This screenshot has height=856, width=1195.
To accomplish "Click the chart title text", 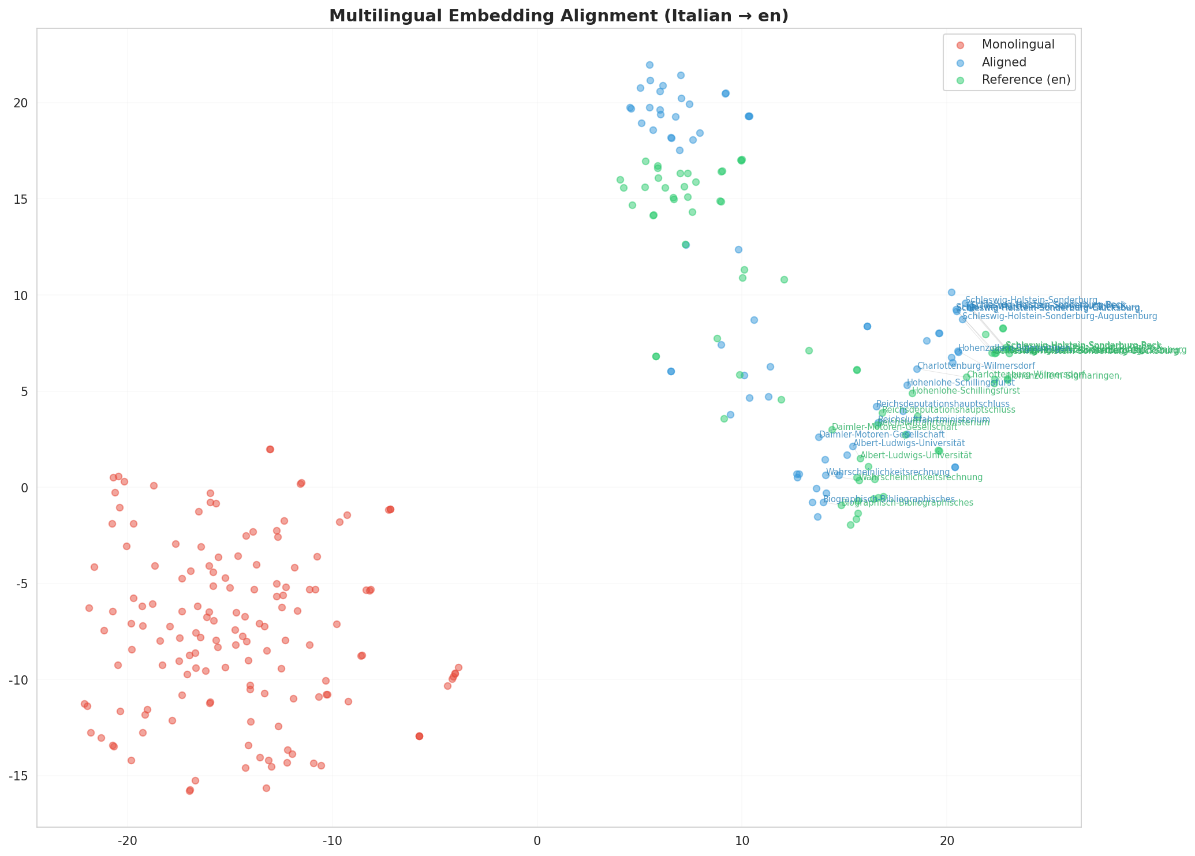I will pyautogui.click(x=558, y=16).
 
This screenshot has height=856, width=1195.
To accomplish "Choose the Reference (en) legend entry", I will pyautogui.click(x=1026, y=80).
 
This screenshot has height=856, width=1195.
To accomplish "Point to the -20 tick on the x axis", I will pyautogui.click(x=127, y=839).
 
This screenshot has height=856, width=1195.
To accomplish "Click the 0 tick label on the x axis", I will pyautogui.click(x=537, y=839).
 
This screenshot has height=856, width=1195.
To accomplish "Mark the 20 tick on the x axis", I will pyautogui.click(x=947, y=839).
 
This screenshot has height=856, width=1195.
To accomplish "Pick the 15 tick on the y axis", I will pyautogui.click(x=21, y=199).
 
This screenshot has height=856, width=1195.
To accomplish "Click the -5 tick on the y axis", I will pyautogui.click(x=21, y=584).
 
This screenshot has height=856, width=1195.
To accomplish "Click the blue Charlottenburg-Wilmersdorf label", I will pyautogui.click(x=976, y=366).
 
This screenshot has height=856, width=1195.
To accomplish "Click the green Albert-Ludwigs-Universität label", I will pyautogui.click(x=916, y=455).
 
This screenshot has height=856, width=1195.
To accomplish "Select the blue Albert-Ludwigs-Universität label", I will pyautogui.click(x=909, y=443).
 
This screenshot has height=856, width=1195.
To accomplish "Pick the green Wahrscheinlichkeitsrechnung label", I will pyautogui.click(x=920, y=477).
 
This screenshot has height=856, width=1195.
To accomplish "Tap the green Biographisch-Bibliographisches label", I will pyautogui.click(x=908, y=503).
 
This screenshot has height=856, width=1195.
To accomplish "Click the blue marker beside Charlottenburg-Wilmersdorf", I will pyautogui.click(x=917, y=369).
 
